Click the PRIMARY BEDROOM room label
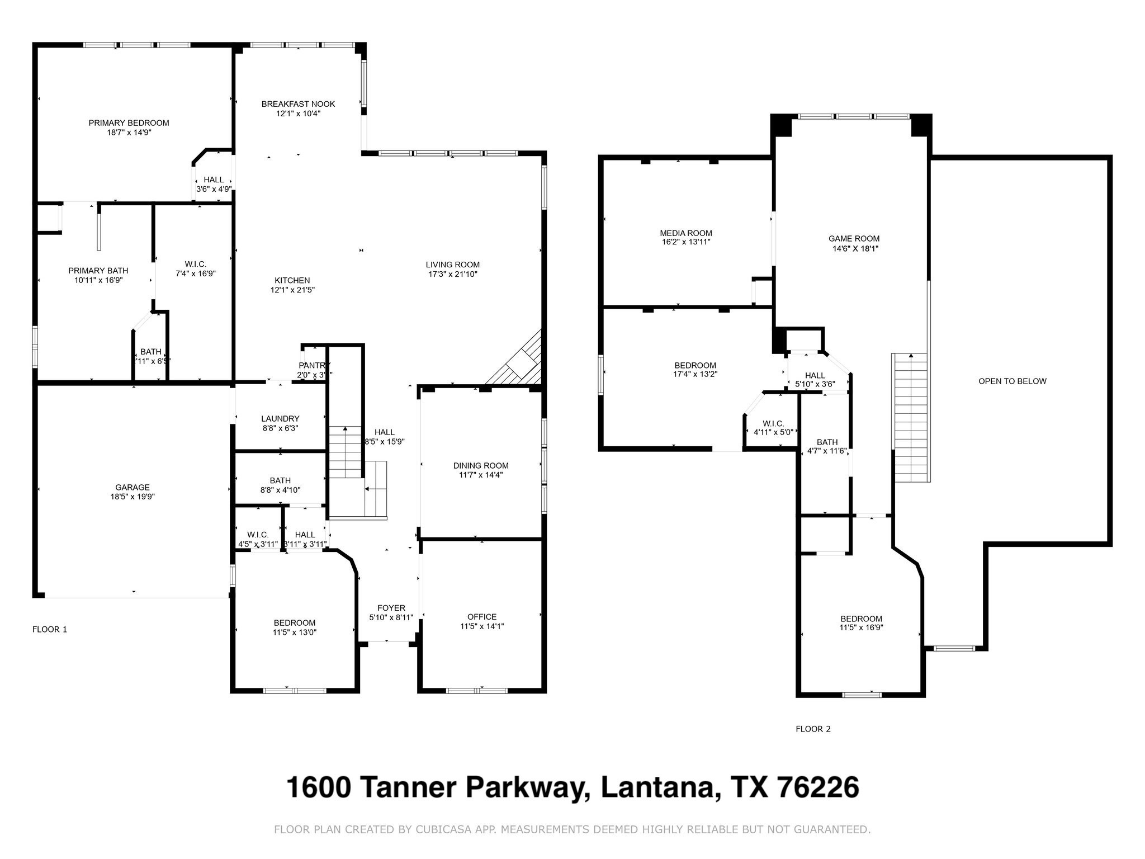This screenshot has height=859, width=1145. click(129, 123)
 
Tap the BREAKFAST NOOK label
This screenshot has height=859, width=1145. click(298, 104)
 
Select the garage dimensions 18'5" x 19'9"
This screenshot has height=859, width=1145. click(133, 497)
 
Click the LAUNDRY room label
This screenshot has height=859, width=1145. click(280, 418)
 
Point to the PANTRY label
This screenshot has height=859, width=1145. click(314, 365)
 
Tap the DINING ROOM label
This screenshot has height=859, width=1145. click(481, 465)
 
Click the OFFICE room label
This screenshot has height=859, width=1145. click(481, 617)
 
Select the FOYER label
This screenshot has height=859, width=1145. click(391, 608)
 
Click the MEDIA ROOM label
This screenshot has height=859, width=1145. click(685, 233)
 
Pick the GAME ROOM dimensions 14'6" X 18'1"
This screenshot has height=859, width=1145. click(855, 249)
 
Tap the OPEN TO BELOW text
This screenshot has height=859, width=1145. click(1012, 381)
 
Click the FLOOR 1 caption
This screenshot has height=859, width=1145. click(50, 629)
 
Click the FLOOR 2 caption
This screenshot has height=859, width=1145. click(813, 729)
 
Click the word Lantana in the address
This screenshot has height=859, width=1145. click(657, 787)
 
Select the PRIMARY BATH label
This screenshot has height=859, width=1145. click(98, 271)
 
